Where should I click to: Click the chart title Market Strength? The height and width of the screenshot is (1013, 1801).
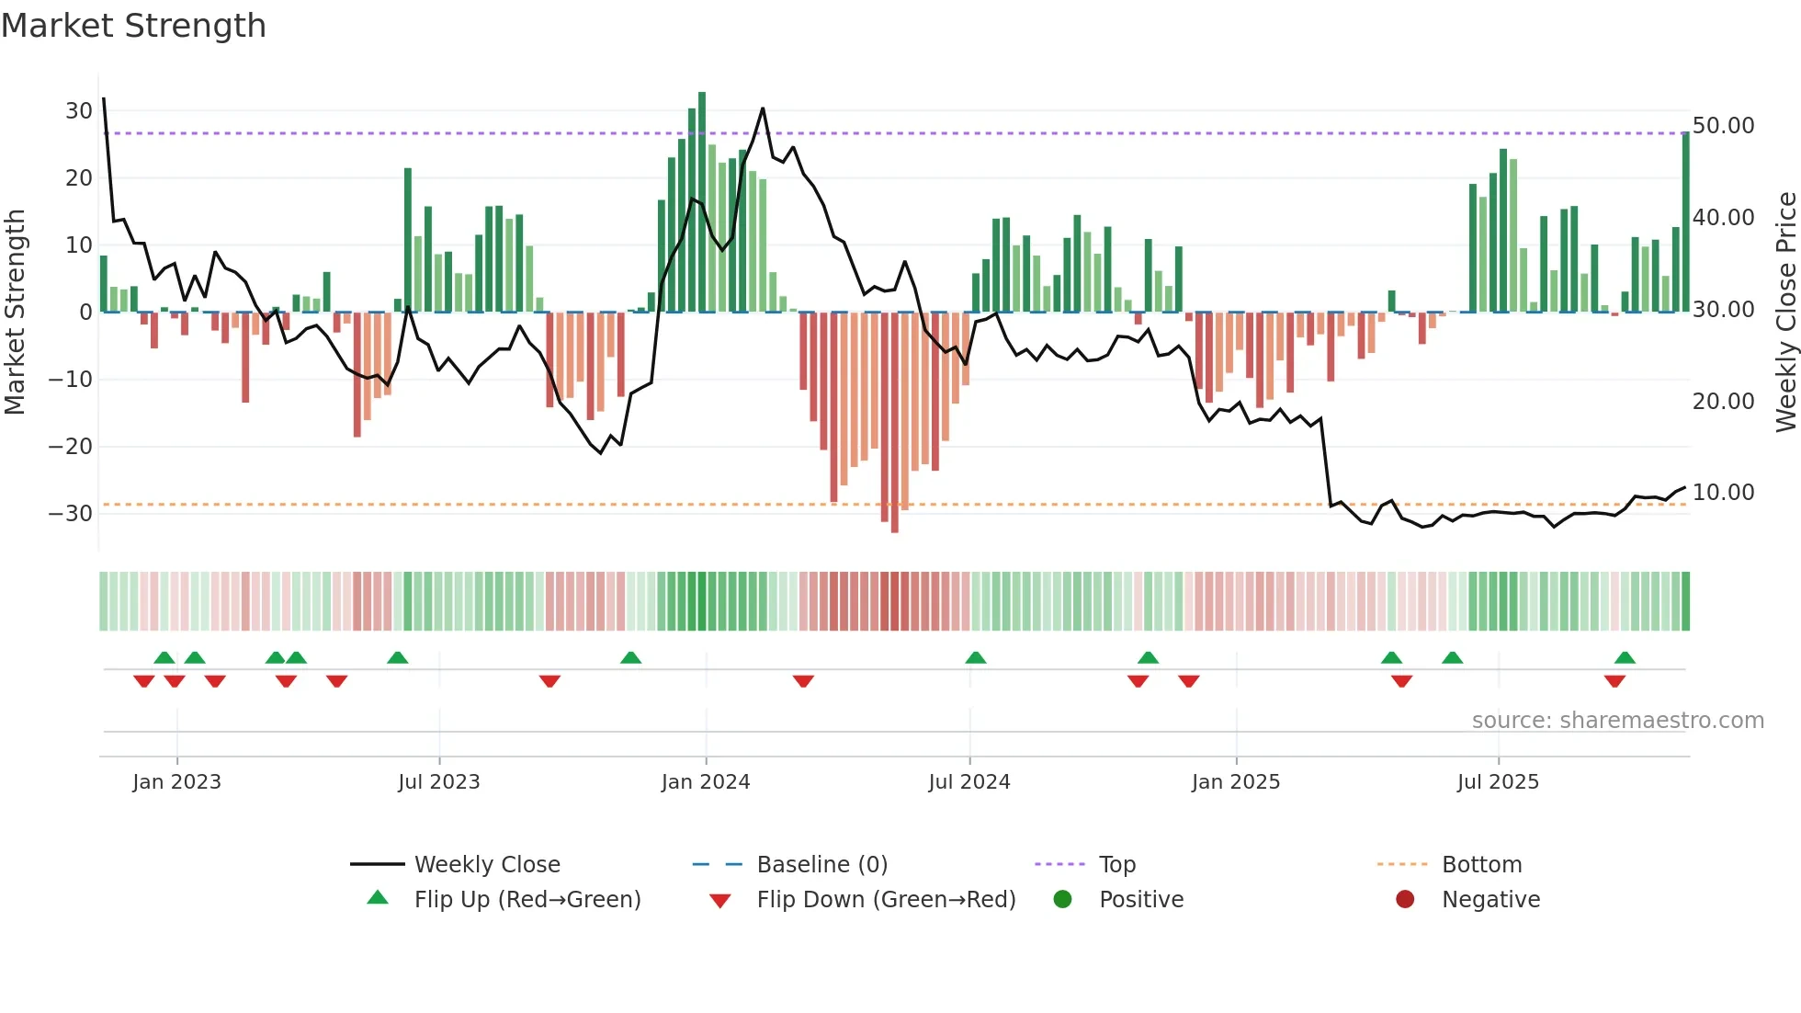[133, 26]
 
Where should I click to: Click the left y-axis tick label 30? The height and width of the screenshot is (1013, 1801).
[79, 111]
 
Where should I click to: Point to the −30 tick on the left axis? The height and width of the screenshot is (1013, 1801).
[71, 513]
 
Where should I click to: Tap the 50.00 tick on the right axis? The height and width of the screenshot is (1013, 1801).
[1723, 126]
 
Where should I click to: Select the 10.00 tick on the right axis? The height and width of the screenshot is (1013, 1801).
[1723, 493]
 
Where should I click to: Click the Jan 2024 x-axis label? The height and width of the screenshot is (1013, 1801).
[705, 782]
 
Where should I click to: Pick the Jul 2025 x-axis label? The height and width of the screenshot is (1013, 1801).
[1497, 782]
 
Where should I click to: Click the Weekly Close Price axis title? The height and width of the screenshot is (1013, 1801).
[1784, 313]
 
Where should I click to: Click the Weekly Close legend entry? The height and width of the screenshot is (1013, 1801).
[486, 865]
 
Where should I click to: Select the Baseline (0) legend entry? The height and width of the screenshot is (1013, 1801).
[821, 865]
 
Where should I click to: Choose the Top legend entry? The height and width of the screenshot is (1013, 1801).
[1116, 865]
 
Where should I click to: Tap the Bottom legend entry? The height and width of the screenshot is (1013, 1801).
[1481, 865]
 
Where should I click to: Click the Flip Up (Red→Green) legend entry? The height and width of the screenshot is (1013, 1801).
[527, 900]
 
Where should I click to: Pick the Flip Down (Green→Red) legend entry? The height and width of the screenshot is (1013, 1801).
[886, 900]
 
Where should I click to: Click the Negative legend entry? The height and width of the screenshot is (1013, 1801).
[1490, 900]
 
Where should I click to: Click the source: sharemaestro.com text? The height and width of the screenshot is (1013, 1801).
[1617, 721]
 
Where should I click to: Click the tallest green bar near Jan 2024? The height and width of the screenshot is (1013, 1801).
[702, 202]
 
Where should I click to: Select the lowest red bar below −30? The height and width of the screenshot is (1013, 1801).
[894, 423]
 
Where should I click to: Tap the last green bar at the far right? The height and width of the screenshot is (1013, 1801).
[1685, 222]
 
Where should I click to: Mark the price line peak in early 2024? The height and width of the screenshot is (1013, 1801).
[763, 108]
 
